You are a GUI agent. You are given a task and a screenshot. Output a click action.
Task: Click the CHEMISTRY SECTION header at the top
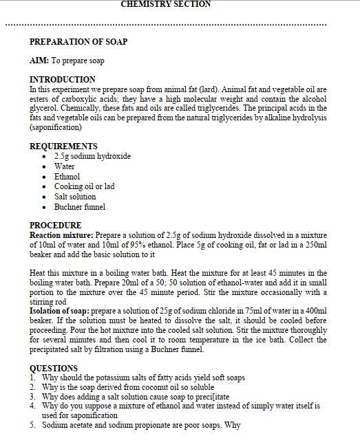tap(165, 4)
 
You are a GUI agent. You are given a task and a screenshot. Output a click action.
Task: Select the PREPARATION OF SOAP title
tap(78, 41)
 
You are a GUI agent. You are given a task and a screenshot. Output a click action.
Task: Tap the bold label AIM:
tap(39, 61)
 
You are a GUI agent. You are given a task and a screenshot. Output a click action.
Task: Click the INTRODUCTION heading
tap(63, 80)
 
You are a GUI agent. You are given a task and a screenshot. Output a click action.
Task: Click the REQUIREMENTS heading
tap(63, 146)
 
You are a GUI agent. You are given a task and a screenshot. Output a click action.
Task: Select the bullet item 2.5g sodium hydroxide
tap(92, 156)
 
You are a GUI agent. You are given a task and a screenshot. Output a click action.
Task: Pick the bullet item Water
tap(65, 166)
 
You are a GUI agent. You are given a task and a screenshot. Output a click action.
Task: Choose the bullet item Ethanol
tap(67, 177)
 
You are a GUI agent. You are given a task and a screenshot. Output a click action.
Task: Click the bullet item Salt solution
tap(75, 197)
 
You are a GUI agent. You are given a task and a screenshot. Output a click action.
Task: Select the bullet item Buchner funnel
tap(80, 207)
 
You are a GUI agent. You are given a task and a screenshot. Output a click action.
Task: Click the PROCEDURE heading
tap(55, 226)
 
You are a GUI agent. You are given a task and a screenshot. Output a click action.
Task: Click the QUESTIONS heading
tap(54, 368)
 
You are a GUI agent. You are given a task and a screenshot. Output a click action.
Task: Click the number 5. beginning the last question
tap(32, 425)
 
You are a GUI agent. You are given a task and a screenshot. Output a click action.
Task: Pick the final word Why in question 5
tap(233, 425)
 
